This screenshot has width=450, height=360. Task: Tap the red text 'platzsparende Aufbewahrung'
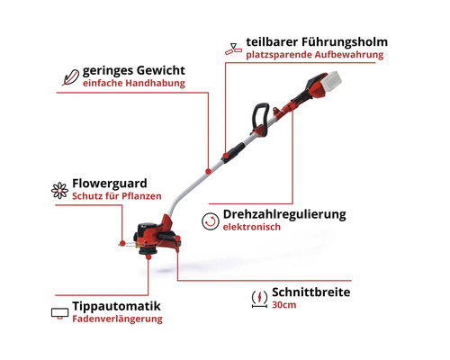(x=314, y=55)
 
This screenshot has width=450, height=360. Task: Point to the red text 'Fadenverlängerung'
(x=117, y=319)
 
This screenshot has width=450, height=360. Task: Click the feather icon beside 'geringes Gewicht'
(x=68, y=76)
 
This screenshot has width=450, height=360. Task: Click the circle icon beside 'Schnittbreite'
(x=260, y=298)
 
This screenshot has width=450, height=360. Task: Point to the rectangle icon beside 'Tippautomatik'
(x=58, y=312)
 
